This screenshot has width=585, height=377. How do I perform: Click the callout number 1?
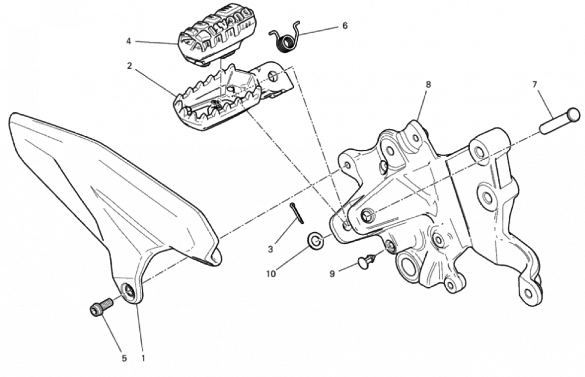click(143, 358)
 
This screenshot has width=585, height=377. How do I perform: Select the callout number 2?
click(129, 66)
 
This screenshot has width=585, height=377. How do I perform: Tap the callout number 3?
click(271, 249)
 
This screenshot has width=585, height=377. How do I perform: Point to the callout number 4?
click(128, 41)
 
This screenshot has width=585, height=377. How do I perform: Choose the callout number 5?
click(124, 358)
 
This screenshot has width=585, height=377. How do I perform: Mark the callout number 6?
click(345, 26)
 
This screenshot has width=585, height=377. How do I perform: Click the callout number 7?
click(534, 85)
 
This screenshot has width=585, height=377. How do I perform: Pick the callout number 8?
click(428, 85)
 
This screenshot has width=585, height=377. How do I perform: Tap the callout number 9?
click(332, 274)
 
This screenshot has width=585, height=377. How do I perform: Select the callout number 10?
click(271, 274)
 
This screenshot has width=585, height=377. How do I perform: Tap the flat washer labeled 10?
click(315, 241)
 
